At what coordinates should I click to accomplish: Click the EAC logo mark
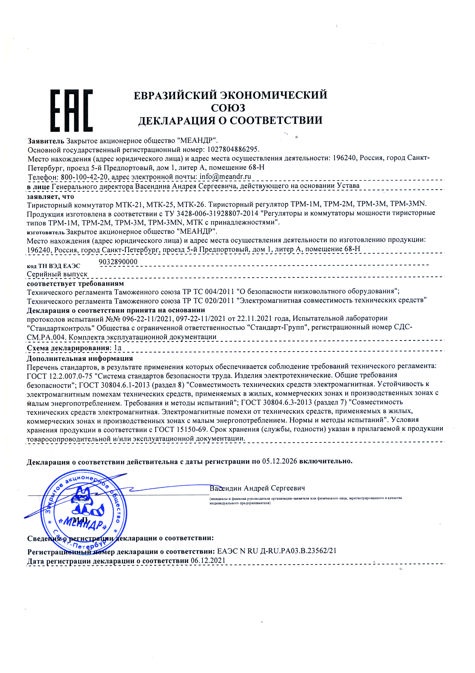click(71, 111)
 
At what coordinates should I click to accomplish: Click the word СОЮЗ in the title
click(228, 108)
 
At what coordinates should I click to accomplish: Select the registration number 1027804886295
click(233, 149)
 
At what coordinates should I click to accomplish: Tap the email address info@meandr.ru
click(225, 177)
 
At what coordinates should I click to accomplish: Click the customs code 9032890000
click(118, 262)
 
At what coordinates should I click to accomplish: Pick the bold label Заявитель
click(46, 141)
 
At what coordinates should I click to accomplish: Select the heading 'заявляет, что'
click(50, 197)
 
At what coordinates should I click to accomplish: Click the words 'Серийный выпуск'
click(57, 274)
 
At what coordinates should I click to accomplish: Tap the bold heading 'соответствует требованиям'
click(75, 283)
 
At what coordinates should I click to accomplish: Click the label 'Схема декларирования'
click(68, 348)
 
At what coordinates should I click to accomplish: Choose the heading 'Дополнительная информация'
click(80, 358)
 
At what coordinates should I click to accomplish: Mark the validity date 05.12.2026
click(279, 461)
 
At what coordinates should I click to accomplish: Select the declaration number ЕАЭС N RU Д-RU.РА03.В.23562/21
click(277, 551)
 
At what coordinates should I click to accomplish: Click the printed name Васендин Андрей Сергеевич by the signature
click(257, 488)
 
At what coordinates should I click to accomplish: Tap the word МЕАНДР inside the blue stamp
click(84, 523)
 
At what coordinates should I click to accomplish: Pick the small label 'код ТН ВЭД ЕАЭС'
click(53, 266)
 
